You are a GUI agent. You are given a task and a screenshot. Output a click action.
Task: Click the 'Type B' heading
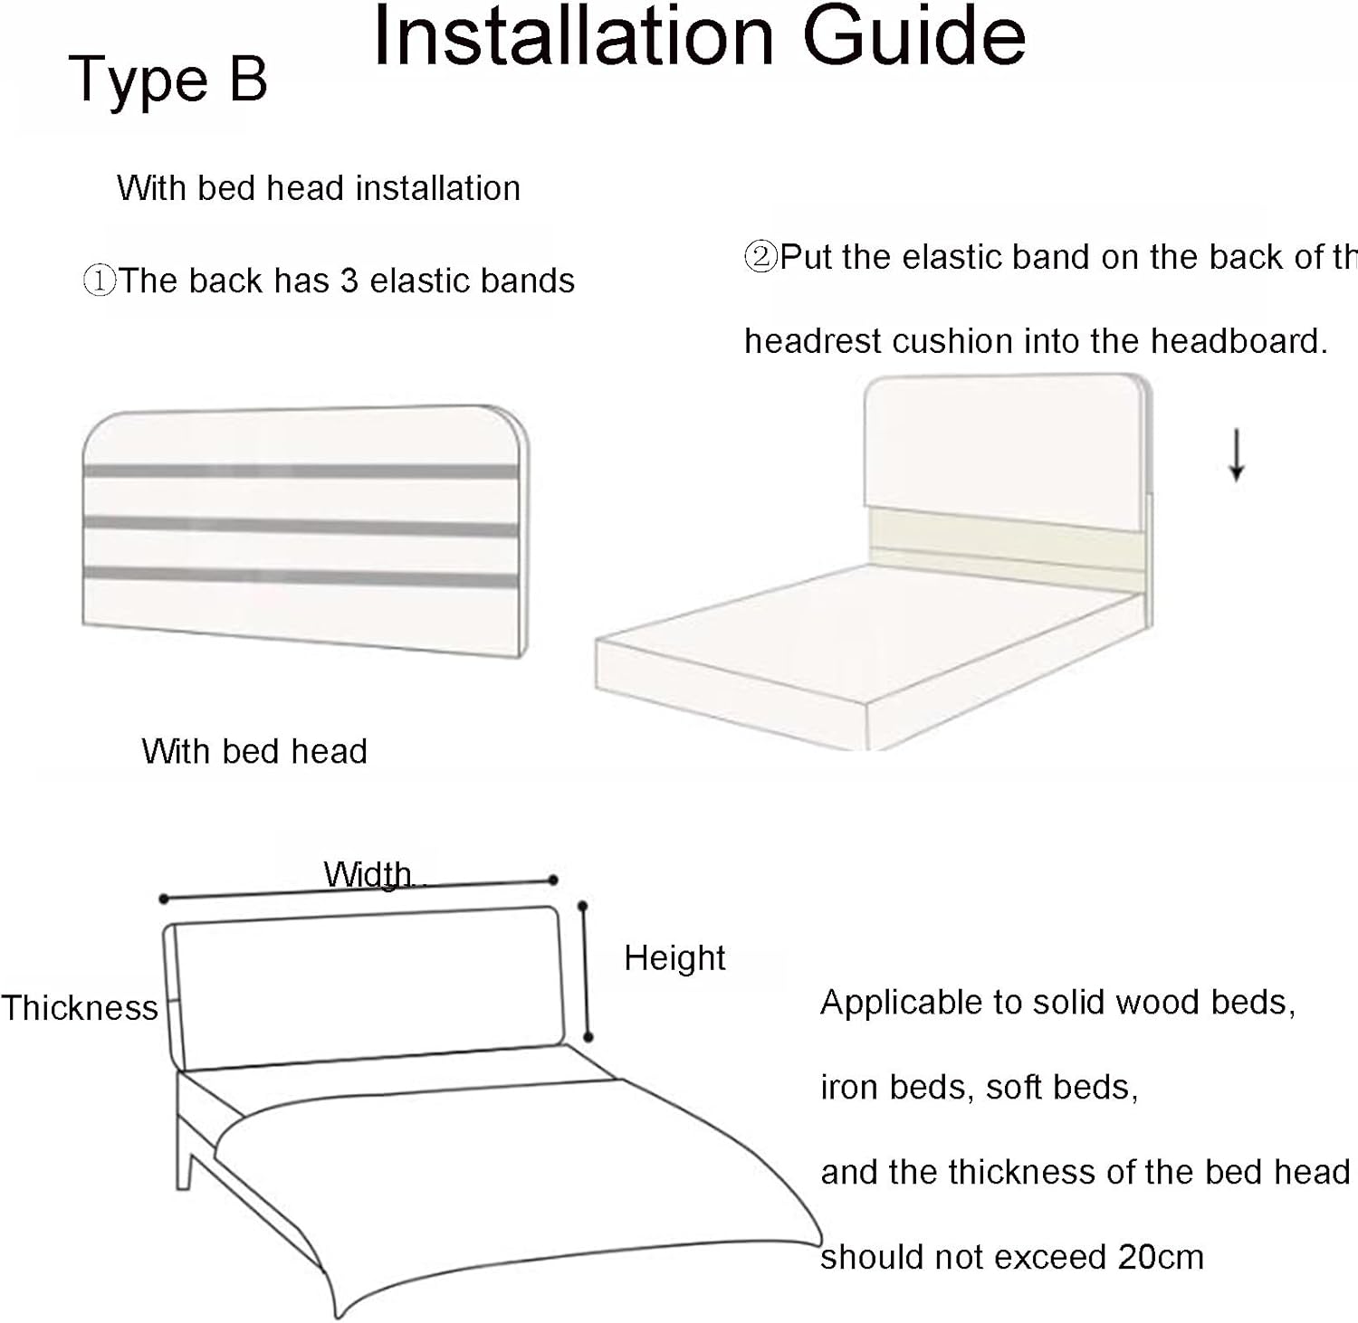168,80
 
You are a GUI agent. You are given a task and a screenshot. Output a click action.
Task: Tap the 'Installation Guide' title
699,36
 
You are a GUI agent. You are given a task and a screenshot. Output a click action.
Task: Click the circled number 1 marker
99,281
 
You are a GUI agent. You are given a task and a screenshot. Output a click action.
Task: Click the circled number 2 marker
760,257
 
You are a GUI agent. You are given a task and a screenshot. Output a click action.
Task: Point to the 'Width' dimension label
368,874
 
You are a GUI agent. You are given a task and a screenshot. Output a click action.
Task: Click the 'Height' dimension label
674,958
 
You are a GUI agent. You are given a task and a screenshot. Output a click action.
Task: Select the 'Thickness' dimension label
80,1008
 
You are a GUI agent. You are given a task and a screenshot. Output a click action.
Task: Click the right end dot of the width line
553,880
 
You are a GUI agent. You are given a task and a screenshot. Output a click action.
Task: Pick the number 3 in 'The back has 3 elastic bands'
349,281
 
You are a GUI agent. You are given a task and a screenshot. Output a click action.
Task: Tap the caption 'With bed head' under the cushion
254,752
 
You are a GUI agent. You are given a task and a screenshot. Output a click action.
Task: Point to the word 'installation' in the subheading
438,188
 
